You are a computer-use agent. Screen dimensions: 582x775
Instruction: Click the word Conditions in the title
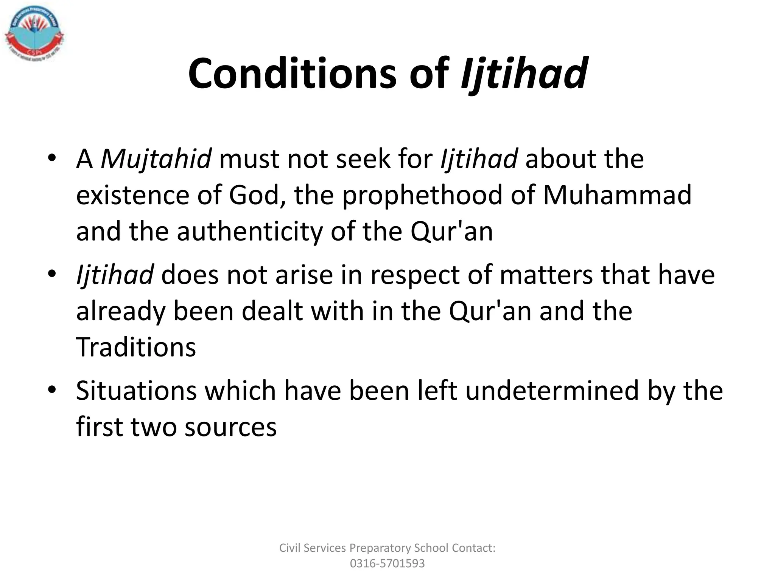tap(292, 73)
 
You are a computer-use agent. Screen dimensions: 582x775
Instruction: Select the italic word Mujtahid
tap(156, 159)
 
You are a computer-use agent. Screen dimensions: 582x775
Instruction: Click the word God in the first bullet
tap(254, 195)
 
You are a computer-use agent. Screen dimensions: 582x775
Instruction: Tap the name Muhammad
tap(617, 195)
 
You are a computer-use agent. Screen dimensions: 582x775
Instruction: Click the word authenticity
tap(249, 232)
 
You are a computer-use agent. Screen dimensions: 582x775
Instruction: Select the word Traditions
tap(136, 347)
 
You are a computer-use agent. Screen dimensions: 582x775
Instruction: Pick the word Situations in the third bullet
tap(136, 391)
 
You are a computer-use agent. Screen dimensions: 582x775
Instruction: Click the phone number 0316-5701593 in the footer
tap(387, 563)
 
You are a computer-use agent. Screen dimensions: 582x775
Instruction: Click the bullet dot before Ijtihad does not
tap(52, 273)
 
